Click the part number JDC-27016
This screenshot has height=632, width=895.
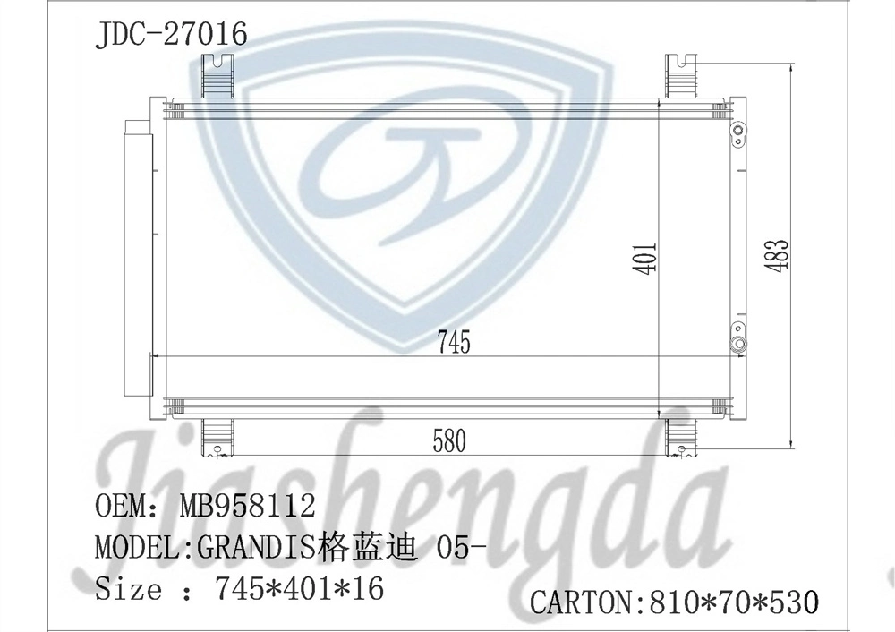pos(171,34)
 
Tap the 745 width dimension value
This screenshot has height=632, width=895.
pos(455,342)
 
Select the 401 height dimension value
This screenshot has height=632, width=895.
pos(647,259)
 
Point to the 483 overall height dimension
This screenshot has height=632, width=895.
pos(778,254)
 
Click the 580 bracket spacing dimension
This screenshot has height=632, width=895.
pos(449,440)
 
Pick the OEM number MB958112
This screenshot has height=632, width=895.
pos(247,505)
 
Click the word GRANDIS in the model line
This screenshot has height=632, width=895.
pos(256,548)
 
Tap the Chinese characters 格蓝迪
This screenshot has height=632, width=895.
pos(366,547)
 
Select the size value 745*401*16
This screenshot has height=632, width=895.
pos(300,588)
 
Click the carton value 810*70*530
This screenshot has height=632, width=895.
pos(734,602)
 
